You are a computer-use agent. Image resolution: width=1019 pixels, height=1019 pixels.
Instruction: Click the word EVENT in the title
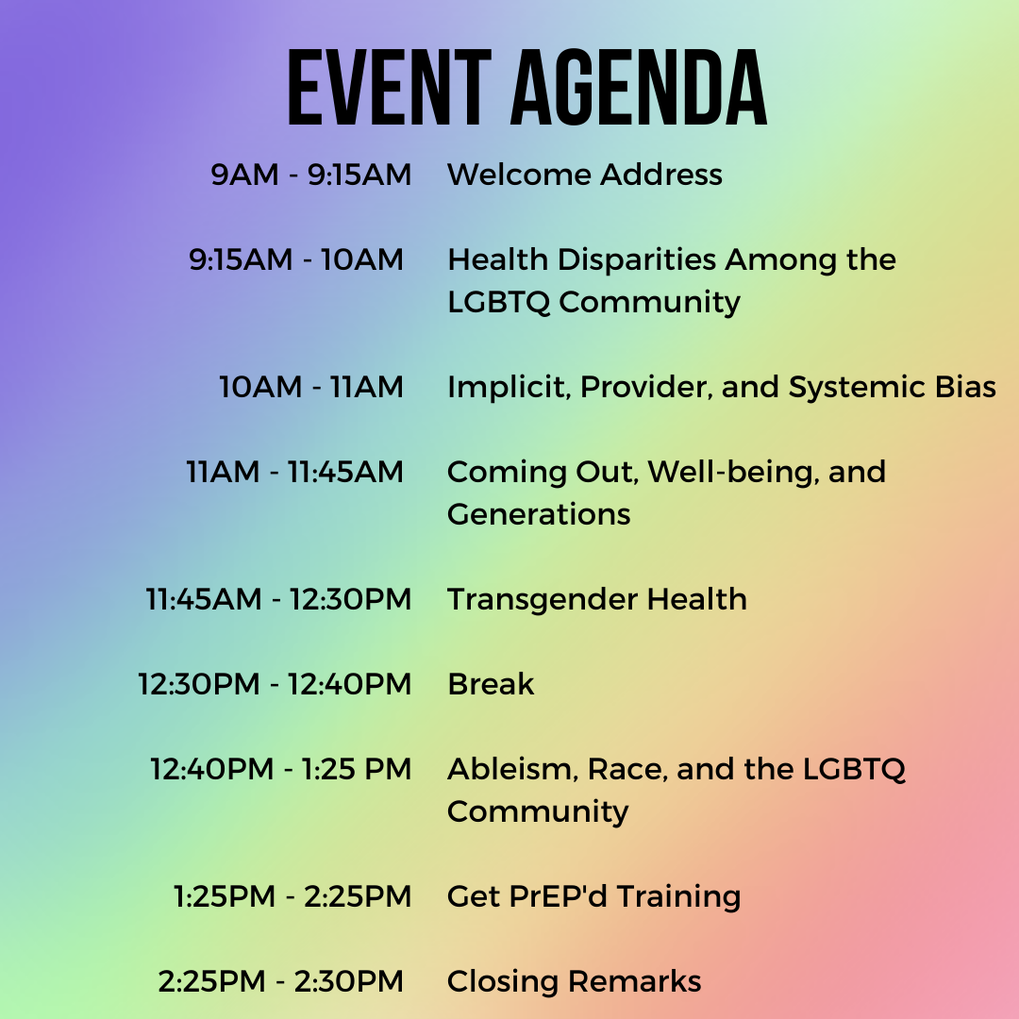pos(390,87)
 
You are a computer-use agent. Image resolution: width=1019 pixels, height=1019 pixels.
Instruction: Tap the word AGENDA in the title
pos(640,87)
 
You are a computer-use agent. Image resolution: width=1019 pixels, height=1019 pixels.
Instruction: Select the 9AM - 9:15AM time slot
pos(310,175)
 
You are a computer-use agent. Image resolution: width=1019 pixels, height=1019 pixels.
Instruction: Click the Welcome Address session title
pos(585,175)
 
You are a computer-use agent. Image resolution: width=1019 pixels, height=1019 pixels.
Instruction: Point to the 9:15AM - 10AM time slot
pos(296,259)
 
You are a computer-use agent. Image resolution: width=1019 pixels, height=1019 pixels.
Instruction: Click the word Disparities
pos(637,260)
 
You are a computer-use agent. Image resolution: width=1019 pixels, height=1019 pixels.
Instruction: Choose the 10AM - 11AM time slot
pos(311,387)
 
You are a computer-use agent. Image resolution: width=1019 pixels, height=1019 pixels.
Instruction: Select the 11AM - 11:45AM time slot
pos(295,472)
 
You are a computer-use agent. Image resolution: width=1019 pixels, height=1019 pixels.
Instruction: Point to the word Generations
pos(539,514)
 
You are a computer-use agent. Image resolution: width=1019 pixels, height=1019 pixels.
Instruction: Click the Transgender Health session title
pos(597,600)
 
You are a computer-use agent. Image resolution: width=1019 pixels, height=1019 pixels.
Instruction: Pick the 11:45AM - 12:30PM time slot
pos(278,599)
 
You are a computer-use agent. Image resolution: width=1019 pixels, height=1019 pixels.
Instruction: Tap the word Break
pos(491,684)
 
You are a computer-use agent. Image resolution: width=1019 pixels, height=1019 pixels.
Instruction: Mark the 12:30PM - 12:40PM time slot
pos(275,684)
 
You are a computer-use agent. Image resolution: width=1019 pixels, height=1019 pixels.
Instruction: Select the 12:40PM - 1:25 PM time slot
pos(281,769)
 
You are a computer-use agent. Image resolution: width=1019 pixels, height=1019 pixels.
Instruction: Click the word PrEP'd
pos(559,896)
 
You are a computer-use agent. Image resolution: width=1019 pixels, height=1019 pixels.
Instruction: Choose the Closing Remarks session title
pos(575,981)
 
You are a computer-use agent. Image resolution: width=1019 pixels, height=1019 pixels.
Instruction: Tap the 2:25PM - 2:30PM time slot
pos(281,981)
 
